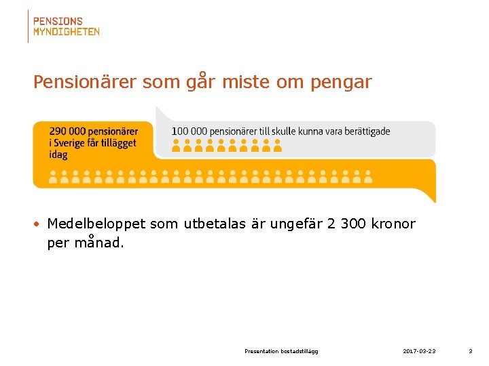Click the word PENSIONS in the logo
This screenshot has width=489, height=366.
[x=58, y=22]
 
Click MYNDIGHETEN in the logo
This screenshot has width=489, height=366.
[x=67, y=31]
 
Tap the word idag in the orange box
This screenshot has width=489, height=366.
[x=58, y=155]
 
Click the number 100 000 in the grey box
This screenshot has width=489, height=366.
[x=189, y=131]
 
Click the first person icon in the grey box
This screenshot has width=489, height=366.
[x=176, y=144]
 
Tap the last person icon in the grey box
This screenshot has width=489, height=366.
[x=278, y=144]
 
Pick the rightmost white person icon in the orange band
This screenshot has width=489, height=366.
[x=367, y=177]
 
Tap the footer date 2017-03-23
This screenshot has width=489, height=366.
[x=419, y=351]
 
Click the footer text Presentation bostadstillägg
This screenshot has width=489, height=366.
[x=281, y=351]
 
